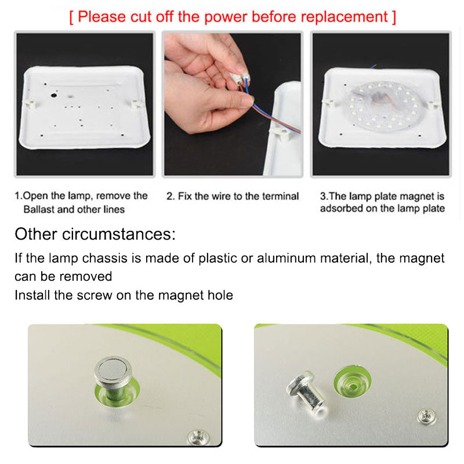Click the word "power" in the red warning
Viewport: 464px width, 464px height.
tap(225, 17)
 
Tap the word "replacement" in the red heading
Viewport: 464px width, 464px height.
tap(343, 17)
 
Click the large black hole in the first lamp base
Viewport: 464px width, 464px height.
tap(54, 95)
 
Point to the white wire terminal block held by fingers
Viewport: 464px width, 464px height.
tap(240, 78)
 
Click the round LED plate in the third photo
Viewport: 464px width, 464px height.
tap(383, 107)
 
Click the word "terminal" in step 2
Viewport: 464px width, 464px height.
tap(281, 196)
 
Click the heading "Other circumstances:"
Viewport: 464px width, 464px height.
tap(95, 234)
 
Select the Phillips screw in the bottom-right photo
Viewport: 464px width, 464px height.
tap(426, 416)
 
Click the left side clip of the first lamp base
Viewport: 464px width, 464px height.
tap(30, 104)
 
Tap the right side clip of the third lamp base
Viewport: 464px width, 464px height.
tap(433, 105)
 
